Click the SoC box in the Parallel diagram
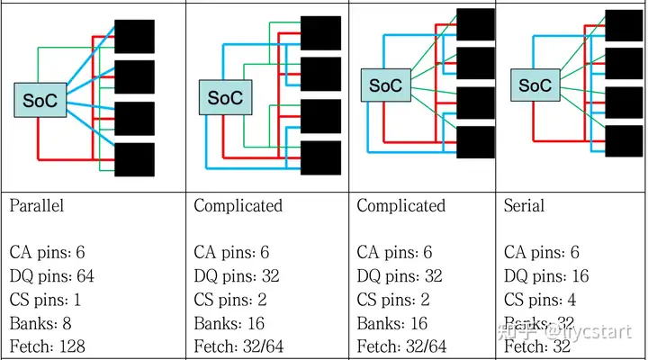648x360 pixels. (37, 99)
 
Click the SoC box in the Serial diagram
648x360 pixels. (535, 85)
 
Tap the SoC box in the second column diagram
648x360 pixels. (224, 97)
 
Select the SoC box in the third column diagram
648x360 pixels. (385, 85)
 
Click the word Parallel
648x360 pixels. (37, 205)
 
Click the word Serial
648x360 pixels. (524, 205)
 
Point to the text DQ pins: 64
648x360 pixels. (51, 276)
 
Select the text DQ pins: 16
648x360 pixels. (544, 276)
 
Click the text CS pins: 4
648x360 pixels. (541, 300)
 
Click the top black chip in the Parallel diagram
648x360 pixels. (134, 36)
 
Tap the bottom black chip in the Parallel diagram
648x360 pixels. (134, 159)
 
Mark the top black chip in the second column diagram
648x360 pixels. (320, 32)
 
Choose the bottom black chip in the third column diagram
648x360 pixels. (475, 141)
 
